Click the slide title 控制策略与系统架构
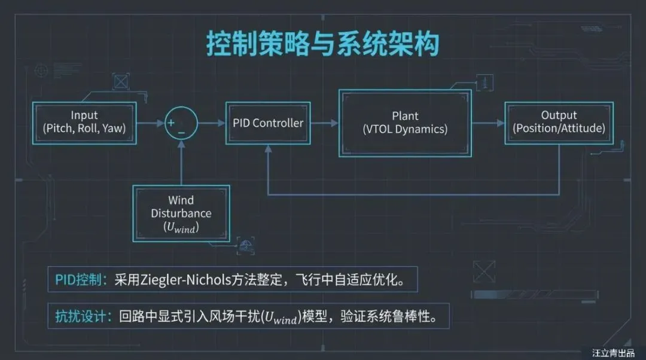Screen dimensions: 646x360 (323, 45)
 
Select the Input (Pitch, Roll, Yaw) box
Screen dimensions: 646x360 (84, 123)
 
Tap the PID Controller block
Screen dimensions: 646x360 (268, 123)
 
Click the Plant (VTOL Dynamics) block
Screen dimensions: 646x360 (405, 123)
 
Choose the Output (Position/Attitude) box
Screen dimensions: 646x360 (559, 122)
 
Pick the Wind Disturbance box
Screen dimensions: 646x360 (181, 213)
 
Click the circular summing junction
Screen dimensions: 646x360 (181, 124)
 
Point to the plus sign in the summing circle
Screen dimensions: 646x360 (171, 123)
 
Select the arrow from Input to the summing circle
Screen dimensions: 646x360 (150, 123)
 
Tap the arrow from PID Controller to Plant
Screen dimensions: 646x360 (325, 123)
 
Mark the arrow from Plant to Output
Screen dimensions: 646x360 (488, 123)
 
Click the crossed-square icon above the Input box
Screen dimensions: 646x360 (121, 81)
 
